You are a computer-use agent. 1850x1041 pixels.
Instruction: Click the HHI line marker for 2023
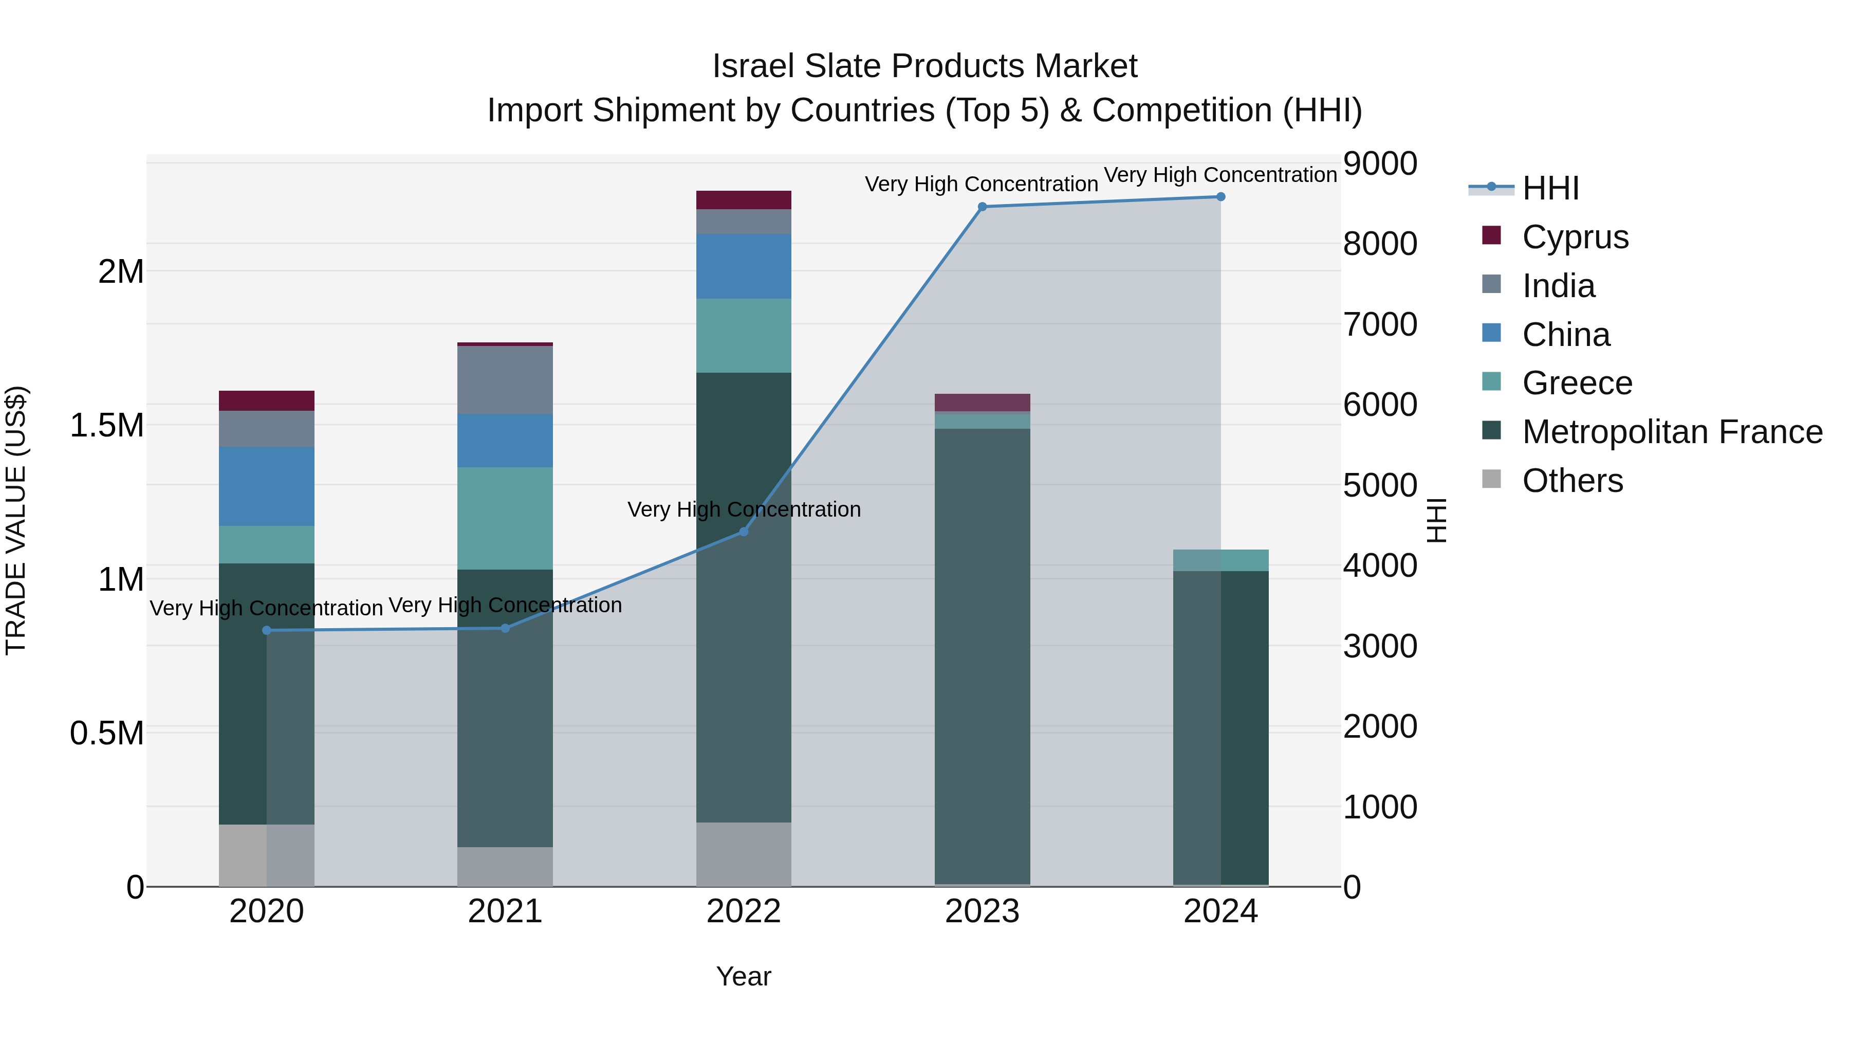[x=983, y=207]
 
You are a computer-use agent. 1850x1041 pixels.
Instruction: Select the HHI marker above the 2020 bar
[x=266, y=630]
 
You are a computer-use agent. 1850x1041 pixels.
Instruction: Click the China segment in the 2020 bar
[x=266, y=486]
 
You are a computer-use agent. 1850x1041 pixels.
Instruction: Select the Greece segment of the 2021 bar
[x=505, y=518]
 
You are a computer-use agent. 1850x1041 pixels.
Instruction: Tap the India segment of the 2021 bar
[x=505, y=380]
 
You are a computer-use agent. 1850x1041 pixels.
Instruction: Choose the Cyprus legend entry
[x=1575, y=236]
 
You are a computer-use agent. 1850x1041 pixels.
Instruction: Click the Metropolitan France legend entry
[x=1672, y=432]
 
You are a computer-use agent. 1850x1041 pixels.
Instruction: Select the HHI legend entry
[x=1550, y=188]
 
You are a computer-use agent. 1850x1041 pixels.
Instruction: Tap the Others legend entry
[x=1572, y=481]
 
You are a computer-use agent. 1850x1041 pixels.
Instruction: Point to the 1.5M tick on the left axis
[x=107, y=425]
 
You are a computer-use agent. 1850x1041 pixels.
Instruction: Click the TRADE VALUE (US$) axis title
[x=16, y=520]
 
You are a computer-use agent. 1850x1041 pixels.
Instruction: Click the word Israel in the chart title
[x=753, y=66]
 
